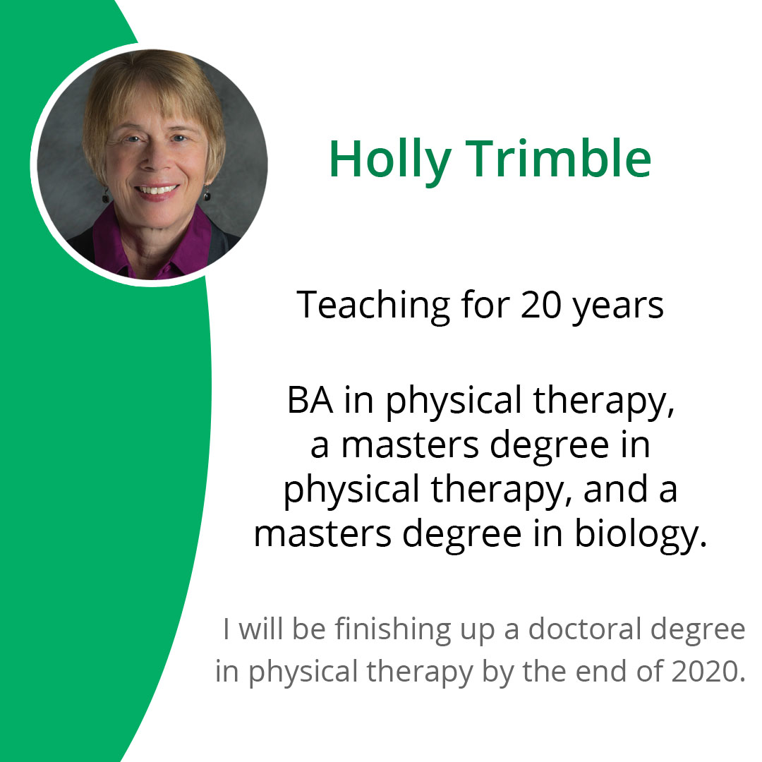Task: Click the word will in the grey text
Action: [260, 629]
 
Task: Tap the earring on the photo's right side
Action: [207, 193]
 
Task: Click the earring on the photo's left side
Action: [106, 196]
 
